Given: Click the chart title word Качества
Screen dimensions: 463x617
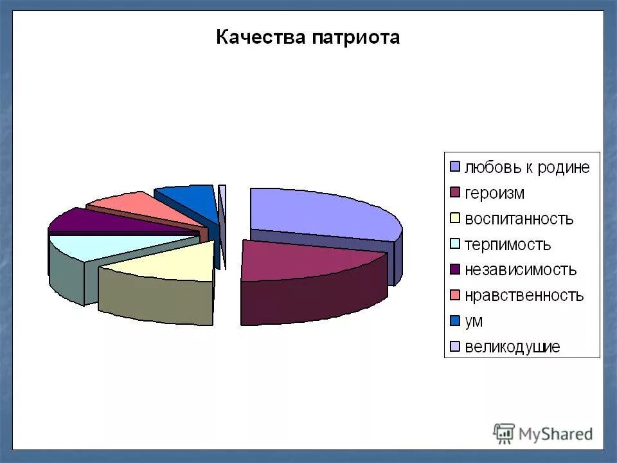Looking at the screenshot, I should (x=260, y=37).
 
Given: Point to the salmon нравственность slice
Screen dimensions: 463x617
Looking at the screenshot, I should (x=138, y=204).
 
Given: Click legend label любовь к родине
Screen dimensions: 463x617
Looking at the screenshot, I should (x=527, y=167).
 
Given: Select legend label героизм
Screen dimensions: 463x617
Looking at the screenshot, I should (x=494, y=193).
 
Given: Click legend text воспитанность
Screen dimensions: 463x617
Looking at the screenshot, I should (x=518, y=219).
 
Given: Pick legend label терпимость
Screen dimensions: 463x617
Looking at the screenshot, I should (x=508, y=244).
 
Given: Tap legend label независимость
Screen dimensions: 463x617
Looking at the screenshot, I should (x=521, y=270).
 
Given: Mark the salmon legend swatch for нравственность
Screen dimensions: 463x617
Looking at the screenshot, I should (x=454, y=296).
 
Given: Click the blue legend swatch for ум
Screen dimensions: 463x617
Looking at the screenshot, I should (x=454, y=322).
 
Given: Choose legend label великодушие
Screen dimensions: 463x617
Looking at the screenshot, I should (x=512, y=347).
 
